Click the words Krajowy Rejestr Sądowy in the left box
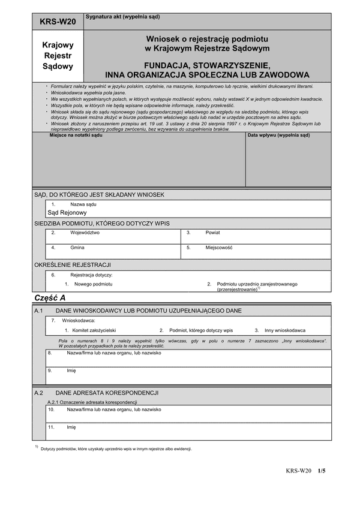[58, 55]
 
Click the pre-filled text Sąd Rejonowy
[67, 212]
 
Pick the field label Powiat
[212, 232]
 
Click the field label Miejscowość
[218, 247]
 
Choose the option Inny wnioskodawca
[285, 330]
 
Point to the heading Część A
[50, 297]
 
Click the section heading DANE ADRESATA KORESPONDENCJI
[106, 393]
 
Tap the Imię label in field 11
[71, 427]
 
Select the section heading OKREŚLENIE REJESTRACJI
[72, 264]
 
